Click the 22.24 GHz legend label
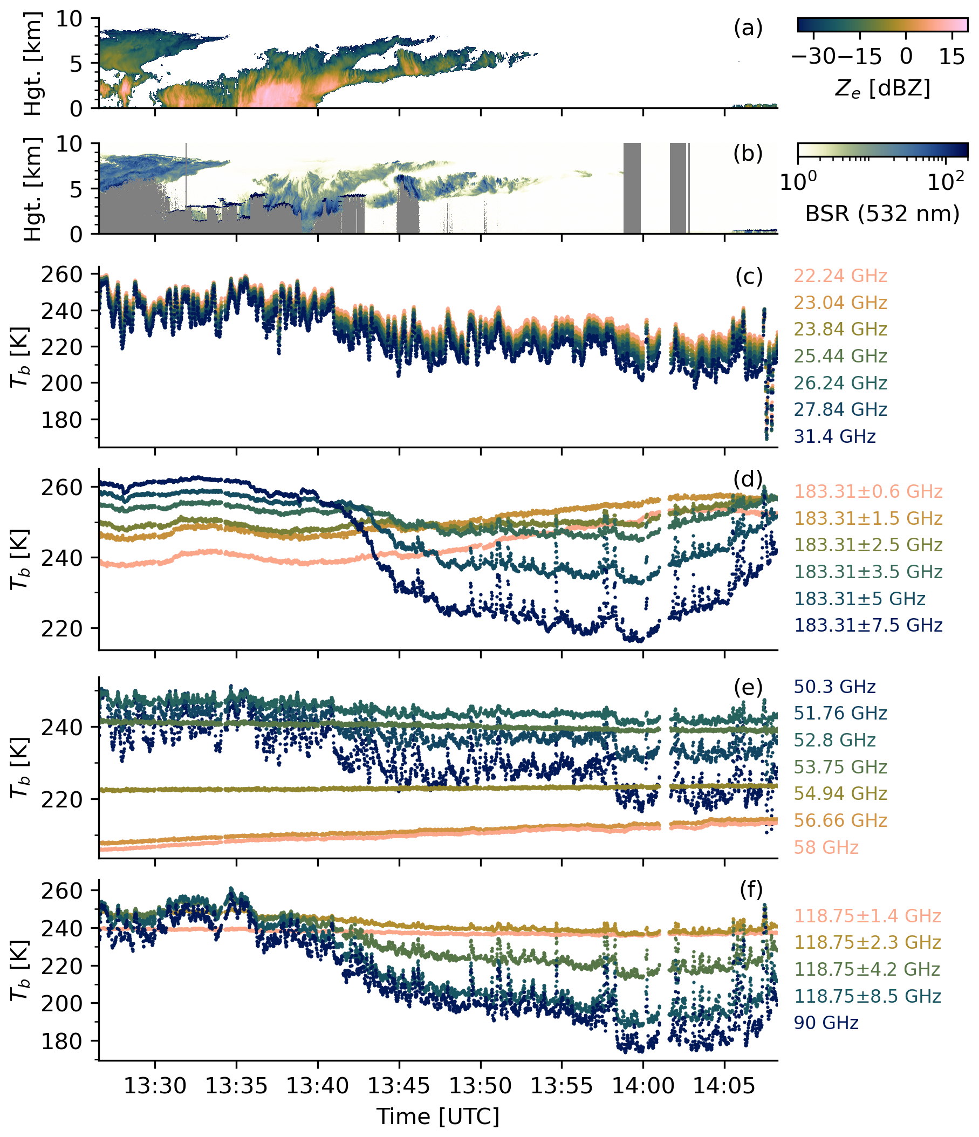tap(840, 276)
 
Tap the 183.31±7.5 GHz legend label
tap(868, 625)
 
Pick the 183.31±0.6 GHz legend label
tap(868, 491)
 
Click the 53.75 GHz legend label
tap(840, 766)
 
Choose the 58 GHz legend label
tap(826, 847)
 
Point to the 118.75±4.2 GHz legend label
tap(867, 969)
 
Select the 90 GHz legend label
tap(826, 1023)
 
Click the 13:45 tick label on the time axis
tap(399, 1085)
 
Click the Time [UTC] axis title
tap(438, 1116)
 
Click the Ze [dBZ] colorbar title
tap(882, 88)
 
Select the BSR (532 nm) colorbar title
tap(882, 213)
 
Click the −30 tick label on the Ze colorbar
tap(814, 57)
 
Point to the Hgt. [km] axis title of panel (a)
tap(34, 64)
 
